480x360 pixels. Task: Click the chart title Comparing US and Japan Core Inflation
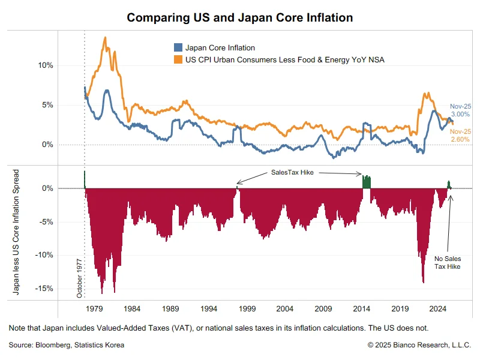coord(240,17)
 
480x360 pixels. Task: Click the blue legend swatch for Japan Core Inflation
coord(178,47)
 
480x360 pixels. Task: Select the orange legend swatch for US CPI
coord(178,59)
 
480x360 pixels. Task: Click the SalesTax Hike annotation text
coord(292,172)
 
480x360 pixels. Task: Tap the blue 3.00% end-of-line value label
coord(460,114)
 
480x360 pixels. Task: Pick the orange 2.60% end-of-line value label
coord(460,139)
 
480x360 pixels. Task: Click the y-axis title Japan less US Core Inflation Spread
coord(17,233)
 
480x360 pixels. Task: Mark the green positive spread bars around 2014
coord(367,181)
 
